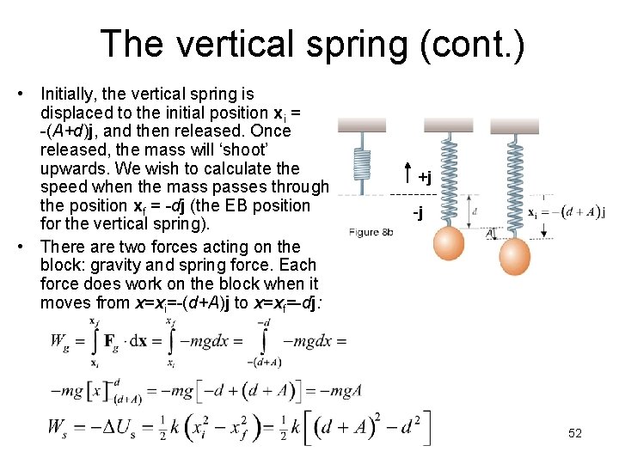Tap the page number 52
pos(575,433)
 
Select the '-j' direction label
pos(418,211)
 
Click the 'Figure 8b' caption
pos(371,232)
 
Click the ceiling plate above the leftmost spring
pos(362,125)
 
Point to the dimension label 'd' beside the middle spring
pos(475,211)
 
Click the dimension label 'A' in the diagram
pos(490,234)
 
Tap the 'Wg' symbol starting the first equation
pos(59,342)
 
